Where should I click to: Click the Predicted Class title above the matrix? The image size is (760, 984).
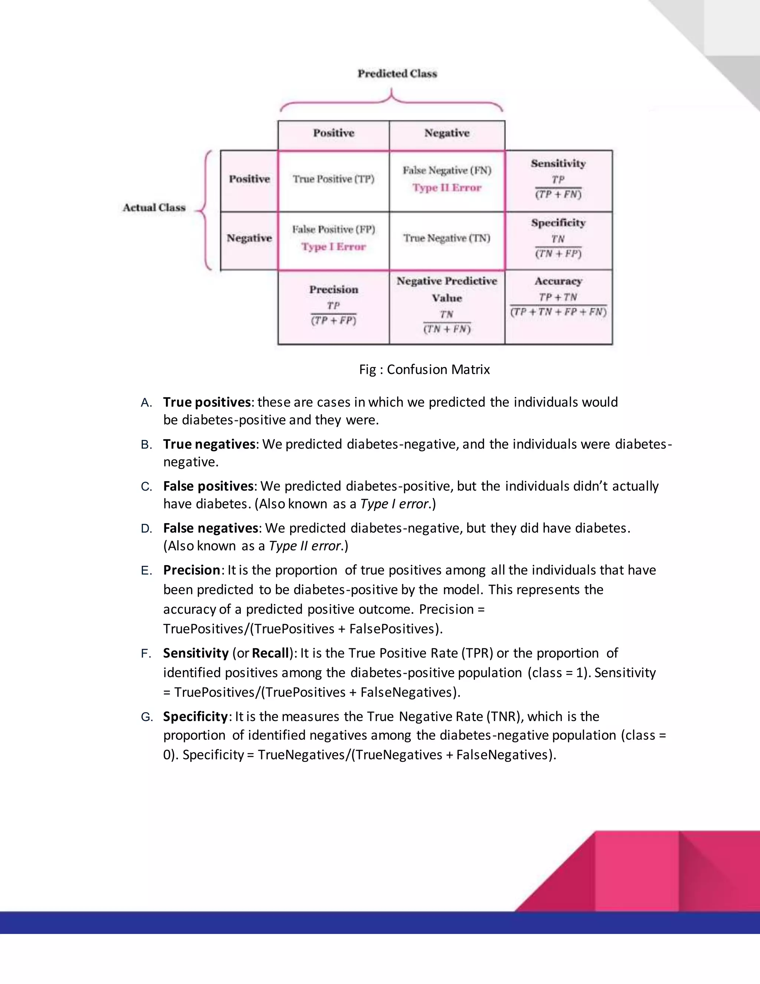coord(397,74)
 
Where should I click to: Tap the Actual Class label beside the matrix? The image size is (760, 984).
coord(154,208)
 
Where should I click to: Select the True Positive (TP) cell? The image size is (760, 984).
coord(334,179)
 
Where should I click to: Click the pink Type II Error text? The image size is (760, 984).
coord(447,188)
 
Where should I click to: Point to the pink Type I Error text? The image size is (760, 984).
coord(334,247)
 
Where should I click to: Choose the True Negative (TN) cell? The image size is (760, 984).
coord(447,238)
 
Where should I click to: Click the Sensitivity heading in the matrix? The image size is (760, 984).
coord(558,163)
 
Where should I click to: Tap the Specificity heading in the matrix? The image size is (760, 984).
coord(558,223)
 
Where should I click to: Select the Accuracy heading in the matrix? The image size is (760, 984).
coord(558,281)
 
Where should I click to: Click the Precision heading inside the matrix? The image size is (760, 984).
coord(334,290)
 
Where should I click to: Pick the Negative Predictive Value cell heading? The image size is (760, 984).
coord(447,289)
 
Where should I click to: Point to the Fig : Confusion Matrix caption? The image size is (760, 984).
coord(424,369)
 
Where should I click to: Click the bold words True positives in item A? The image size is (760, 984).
coord(207,402)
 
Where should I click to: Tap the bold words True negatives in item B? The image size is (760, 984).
coord(209,444)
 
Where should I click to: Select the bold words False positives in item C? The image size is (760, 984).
coord(209,486)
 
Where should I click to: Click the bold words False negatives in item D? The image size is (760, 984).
coord(211,528)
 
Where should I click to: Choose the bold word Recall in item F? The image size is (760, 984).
coord(270,653)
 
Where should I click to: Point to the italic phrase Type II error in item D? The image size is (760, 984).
coord(304,546)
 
